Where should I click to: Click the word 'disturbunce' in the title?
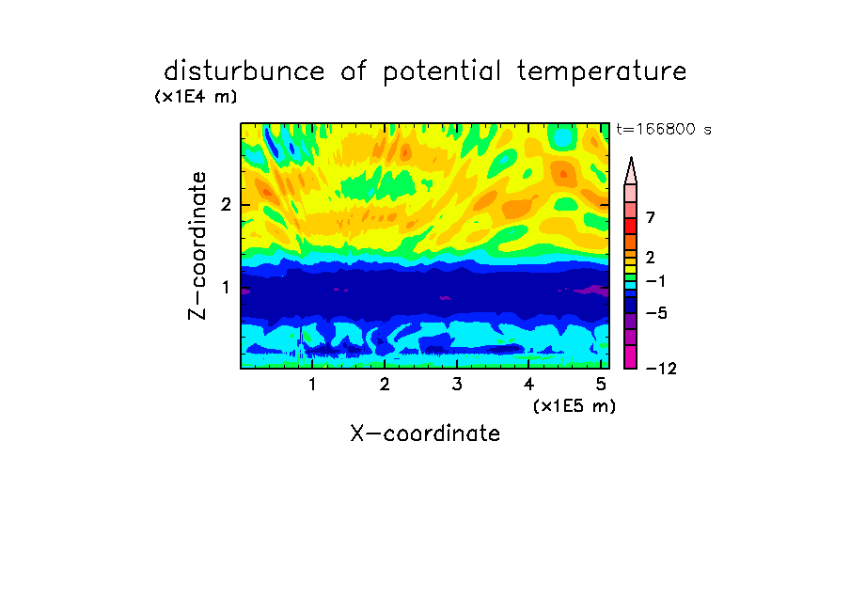coord(244,71)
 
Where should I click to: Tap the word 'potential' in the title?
coord(441,72)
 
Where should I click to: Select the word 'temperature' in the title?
coord(602,72)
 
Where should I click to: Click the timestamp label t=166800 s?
coord(664,129)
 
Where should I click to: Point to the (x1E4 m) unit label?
coord(196,97)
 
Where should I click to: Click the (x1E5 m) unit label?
coord(575,405)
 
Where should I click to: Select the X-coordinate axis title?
coord(425,434)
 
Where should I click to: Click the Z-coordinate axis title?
coord(197,245)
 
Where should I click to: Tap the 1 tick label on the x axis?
coord(312,385)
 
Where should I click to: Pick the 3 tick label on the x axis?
coord(457,385)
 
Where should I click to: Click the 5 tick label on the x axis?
coord(601,385)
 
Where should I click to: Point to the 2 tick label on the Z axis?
coord(226,204)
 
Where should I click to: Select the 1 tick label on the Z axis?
coord(226,287)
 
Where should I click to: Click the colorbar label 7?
coord(651,217)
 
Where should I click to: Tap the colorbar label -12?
coord(661,369)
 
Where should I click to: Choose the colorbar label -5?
coord(656,313)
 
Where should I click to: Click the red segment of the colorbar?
coord(631,226)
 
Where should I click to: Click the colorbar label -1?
coord(655,281)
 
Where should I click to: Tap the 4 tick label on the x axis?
coord(528,385)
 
